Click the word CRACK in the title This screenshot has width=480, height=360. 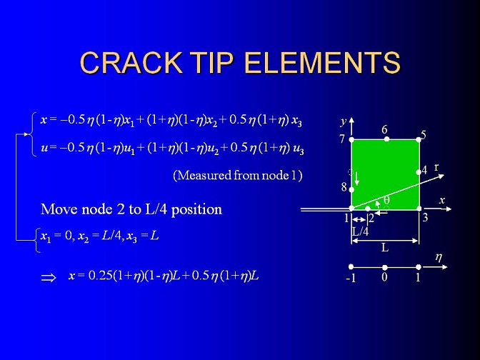(130, 62)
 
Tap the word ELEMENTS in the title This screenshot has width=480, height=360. (322, 62)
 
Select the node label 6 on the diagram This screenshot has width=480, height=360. (384, 130)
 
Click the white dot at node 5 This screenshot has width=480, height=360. (419, 140)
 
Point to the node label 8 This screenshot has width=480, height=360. (344, 186)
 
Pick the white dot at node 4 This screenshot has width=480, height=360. (419, 172)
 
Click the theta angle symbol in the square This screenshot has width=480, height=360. (386, 200)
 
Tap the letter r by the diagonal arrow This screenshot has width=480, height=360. (436, 167)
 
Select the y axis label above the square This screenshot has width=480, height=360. (343, 121)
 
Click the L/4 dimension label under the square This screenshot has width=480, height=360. (360, 231)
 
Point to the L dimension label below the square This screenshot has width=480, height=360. (385, 247)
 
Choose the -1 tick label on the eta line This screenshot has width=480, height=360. (351, 278)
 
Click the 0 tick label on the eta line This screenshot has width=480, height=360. (384, 277)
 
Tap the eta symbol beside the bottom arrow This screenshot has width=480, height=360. (439, 257)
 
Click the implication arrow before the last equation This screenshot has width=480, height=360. (49, 278)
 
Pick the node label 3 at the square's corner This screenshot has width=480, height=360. (425, 218)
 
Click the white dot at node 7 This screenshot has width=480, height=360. (351, 140)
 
